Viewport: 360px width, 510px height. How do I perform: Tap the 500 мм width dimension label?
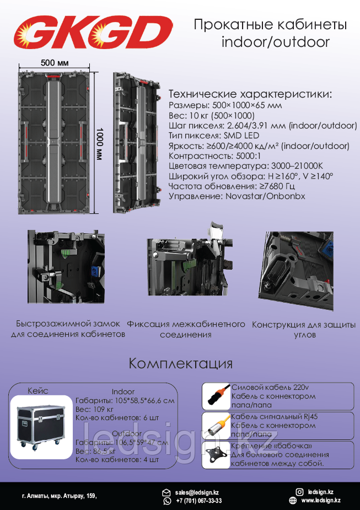[55, 62]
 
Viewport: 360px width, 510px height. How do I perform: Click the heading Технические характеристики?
[250, 94]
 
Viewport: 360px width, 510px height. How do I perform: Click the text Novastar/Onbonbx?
[265, 196]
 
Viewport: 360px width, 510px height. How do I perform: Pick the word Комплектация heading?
[180, 363]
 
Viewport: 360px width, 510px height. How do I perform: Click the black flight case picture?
[41, 426]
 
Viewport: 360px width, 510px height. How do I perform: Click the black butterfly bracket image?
[216, 455]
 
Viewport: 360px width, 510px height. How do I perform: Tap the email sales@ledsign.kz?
[196, 493]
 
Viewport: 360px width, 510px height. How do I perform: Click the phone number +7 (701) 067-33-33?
[198, 501]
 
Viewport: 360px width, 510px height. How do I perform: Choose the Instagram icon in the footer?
[299, 492]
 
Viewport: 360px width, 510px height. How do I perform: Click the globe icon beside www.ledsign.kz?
[292, 500]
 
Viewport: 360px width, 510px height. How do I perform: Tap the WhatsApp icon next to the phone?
[167, 501]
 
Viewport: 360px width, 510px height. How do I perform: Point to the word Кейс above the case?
[38, 391]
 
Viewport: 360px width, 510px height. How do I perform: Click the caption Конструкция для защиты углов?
[304, 330]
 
